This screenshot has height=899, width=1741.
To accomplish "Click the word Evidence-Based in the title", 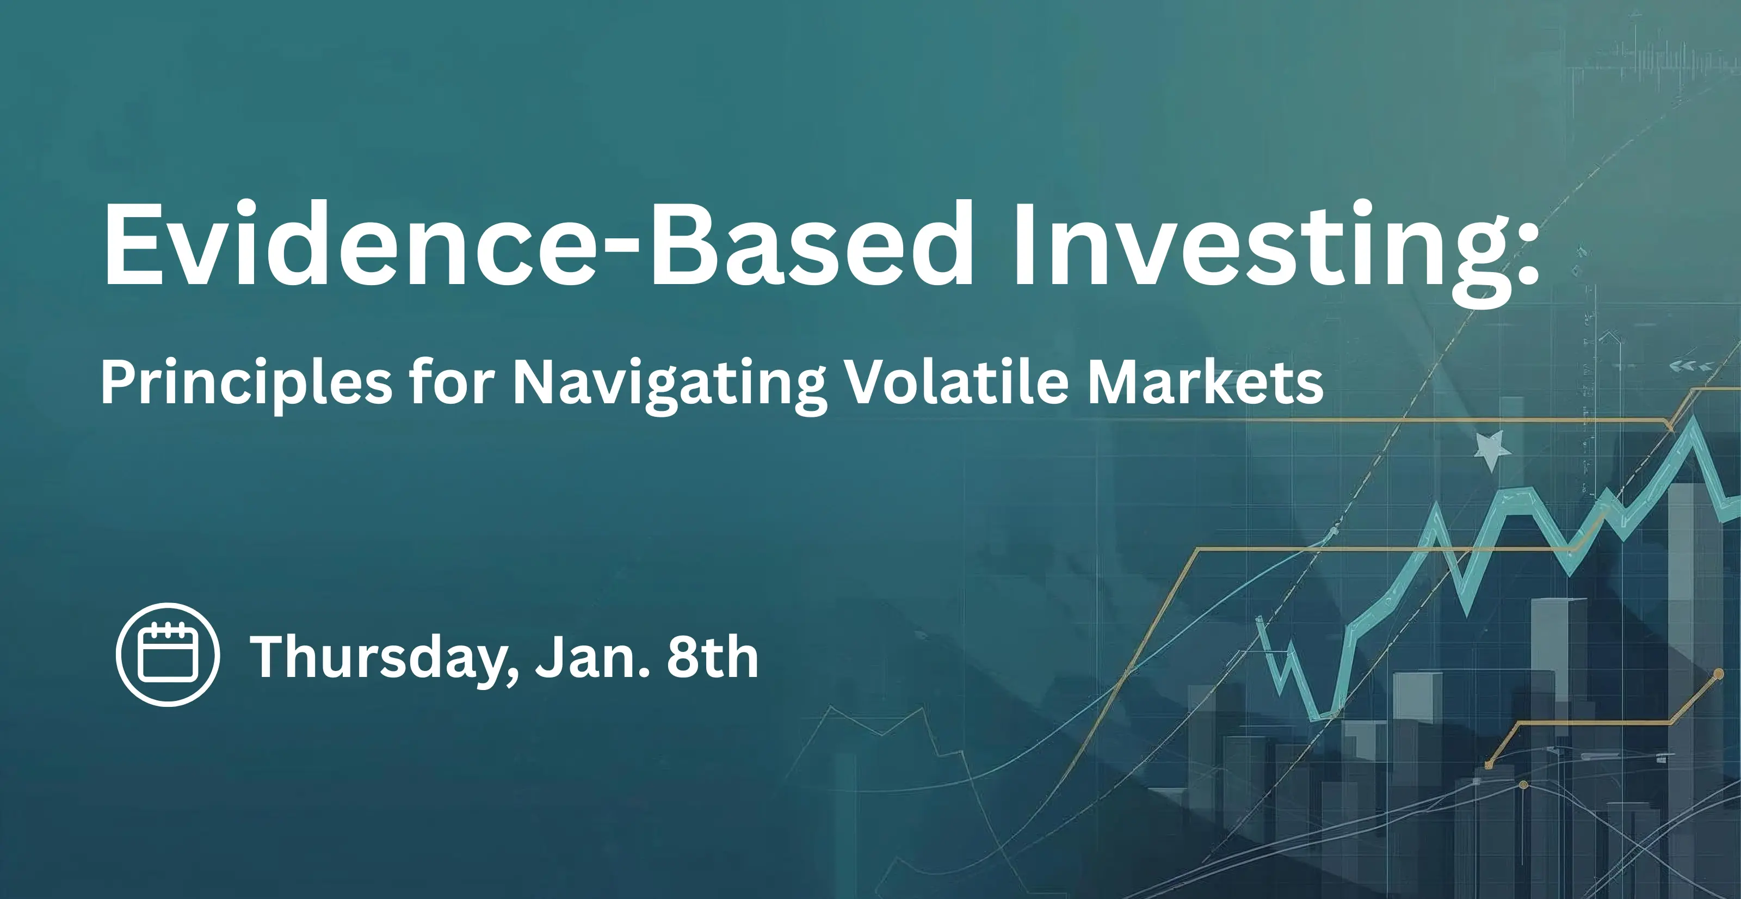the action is tap(538, 245).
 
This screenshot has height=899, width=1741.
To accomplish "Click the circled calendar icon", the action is tap(168, 654).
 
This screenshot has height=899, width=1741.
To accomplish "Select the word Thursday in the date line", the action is tap(375, 660).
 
